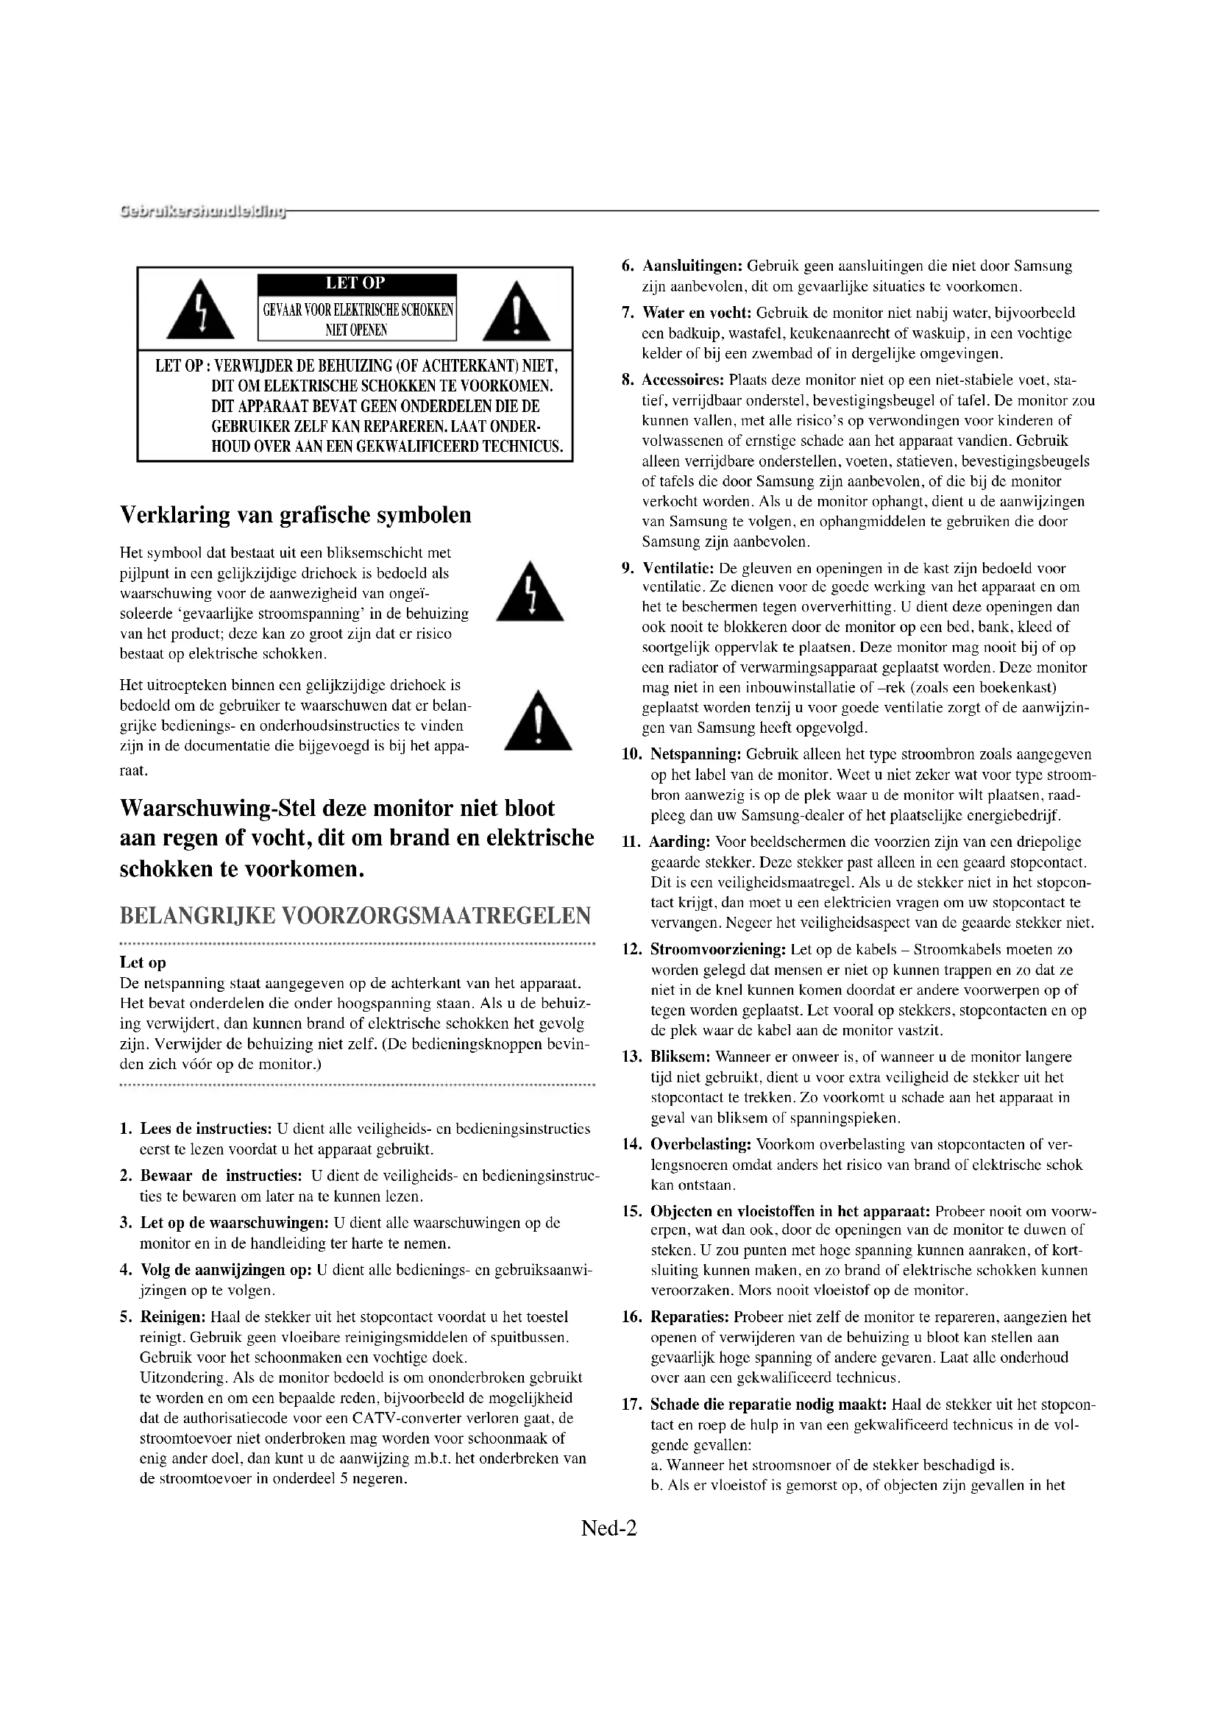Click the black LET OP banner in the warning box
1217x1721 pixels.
(x=357, y=284)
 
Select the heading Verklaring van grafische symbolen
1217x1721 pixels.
(x=296, y=515)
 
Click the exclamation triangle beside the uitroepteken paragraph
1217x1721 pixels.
(x=537, y=720)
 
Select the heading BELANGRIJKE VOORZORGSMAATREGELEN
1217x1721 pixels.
(x=355, y=915)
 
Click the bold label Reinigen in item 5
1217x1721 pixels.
(x=174, y=1317)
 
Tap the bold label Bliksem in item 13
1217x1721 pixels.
(x=681, y=1057)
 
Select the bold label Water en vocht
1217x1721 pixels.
(x=697, y=313)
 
